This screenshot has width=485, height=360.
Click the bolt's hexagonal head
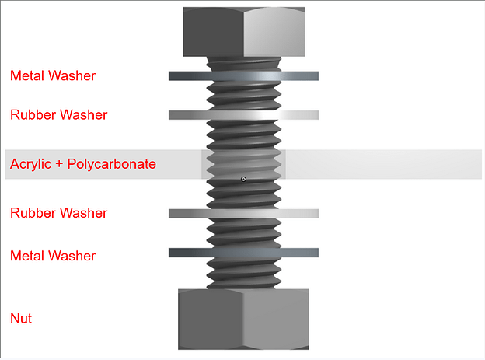[244, 32]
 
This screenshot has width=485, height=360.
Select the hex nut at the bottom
[243, 319]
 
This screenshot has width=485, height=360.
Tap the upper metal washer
[243, 76]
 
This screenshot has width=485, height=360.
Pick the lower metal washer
[243, 253]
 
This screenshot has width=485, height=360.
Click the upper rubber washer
[243, 115]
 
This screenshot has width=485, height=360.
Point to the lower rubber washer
[243, 213]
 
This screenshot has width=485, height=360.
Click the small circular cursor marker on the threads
[243, 180]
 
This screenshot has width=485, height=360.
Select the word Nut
[21, 319]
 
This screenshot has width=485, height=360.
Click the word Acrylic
[30, 164]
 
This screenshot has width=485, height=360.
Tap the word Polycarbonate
[112, 164]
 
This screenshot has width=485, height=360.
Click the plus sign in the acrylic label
[59, 164]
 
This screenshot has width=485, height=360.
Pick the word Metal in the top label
[26, 76]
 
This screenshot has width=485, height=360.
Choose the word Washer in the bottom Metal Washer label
[72, 256]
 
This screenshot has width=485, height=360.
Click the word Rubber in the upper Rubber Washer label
[33, 115]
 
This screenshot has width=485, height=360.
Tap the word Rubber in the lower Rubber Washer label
[33, 213]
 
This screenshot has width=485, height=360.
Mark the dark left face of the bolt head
[214, 32]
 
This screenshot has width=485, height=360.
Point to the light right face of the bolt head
[274, 32]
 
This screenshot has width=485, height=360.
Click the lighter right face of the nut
[276, 319]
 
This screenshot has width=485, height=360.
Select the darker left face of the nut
[211, 319]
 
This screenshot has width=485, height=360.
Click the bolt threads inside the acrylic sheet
[243, 164]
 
